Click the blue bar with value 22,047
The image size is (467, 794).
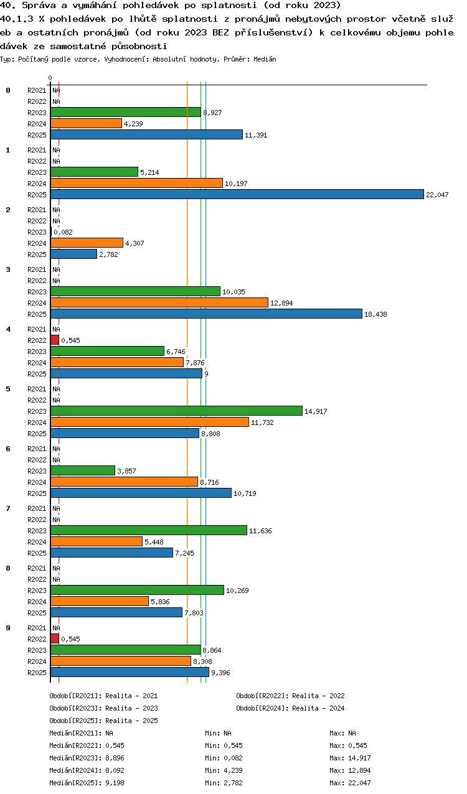pyautogui.click(x=237, y=194)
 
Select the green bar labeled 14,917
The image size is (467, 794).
pyautogui.click(x=176, y=411)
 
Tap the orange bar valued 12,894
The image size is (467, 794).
pyautogui.click(x=159, y=302)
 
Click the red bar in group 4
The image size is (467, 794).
pyautogui.click(x=55, y=340)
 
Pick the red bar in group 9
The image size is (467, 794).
pyautogui.click(x=55, y=638)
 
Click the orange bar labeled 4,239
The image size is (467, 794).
pyautogui.click(x=86, y=123)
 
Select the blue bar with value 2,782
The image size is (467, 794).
pyautogui.click(x=73, y=254)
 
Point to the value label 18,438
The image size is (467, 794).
pyautogui.click(x=375, y=314)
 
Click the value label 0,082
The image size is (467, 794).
pyautogui.click(x=63, y=232)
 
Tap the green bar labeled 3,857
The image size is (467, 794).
pyautogui.click(x=83, y=470)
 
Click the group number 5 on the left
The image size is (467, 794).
pyautogui.click(x=8, y=389)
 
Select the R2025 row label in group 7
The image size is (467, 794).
pyautogui.click(x=37, y=553)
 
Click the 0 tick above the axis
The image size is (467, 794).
pyautogui.click(x=50, y=78)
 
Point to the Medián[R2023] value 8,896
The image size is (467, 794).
pyautogui.click(x=115, y=758)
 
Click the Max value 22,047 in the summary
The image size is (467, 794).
pyautogui.click(x=359, y=783)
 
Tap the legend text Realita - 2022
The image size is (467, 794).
pyautogui.click(x=318, y=696)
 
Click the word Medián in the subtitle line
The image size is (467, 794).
pyautogui.click(x=265, y=59)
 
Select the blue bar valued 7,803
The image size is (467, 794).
pyautogui.click(x=116, y=612)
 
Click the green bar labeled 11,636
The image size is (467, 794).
pyautogui.click(x=149, y=530)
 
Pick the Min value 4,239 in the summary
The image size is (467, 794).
pyautogui.click(x=233, y=770)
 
